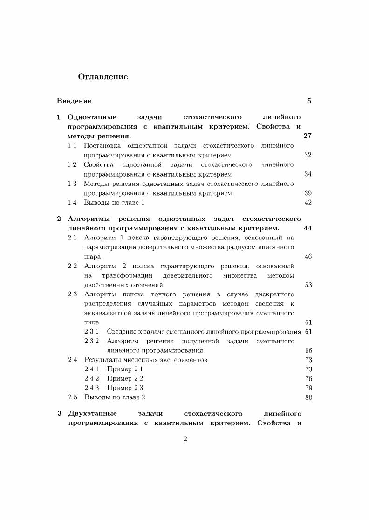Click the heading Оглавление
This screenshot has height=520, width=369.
(x=102, y=77)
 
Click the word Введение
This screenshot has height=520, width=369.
(x=74, y=101)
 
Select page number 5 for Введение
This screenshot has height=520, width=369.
(x=309, y=101)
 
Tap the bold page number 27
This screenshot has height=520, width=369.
(x=307, y=136)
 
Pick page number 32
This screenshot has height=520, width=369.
(x=308, y=155)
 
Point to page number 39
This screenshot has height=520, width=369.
(x=308, y=193)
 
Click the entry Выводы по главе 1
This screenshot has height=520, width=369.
(x=114, y=202)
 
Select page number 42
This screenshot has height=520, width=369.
(x=308, y=202)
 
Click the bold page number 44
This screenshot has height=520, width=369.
(x=307, y=228)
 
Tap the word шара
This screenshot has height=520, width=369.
(x=92, y=257)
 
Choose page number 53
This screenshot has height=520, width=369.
(x=308, y=285)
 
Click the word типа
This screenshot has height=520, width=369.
(x=92, y=322)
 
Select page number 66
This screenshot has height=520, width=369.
(x=308, y=350)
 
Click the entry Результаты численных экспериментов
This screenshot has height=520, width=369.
(x=146, y=360)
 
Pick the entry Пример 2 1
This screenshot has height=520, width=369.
(x=125, y=369)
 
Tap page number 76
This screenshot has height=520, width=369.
(x=308, y=378)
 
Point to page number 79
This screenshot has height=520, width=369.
(x=308, y=388)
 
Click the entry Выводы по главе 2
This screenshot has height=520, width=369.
(x=115, y=397)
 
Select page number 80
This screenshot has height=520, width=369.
(x=308, y=397)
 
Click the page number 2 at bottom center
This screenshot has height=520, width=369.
(x=185, y=439)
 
